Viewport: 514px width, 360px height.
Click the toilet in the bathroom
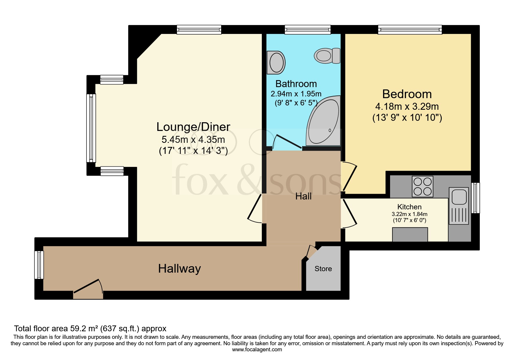pos(326,55)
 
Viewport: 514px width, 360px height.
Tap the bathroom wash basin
pos(276,62)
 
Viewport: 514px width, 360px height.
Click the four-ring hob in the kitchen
pos(422,186)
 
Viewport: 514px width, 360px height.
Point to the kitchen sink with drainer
pos(459,206)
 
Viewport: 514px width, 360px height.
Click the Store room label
pos(323,269)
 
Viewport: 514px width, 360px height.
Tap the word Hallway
pos(179,269)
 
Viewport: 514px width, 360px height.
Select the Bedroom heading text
pos(407,94)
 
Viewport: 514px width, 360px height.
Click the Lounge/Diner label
pos(193,127)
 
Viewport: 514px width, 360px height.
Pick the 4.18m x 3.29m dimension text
pos(407,107)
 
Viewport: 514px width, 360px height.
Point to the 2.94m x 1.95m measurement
pos(296,94)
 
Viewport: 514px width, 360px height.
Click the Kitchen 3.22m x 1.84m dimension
pos(409,214)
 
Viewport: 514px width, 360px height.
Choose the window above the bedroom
pos(410,30)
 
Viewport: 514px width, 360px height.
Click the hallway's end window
pos(39,265)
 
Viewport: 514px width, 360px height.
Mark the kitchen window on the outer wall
pos(475,198)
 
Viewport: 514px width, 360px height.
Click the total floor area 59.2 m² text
pos(90,329)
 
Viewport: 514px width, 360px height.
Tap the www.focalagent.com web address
pos(257,350)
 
